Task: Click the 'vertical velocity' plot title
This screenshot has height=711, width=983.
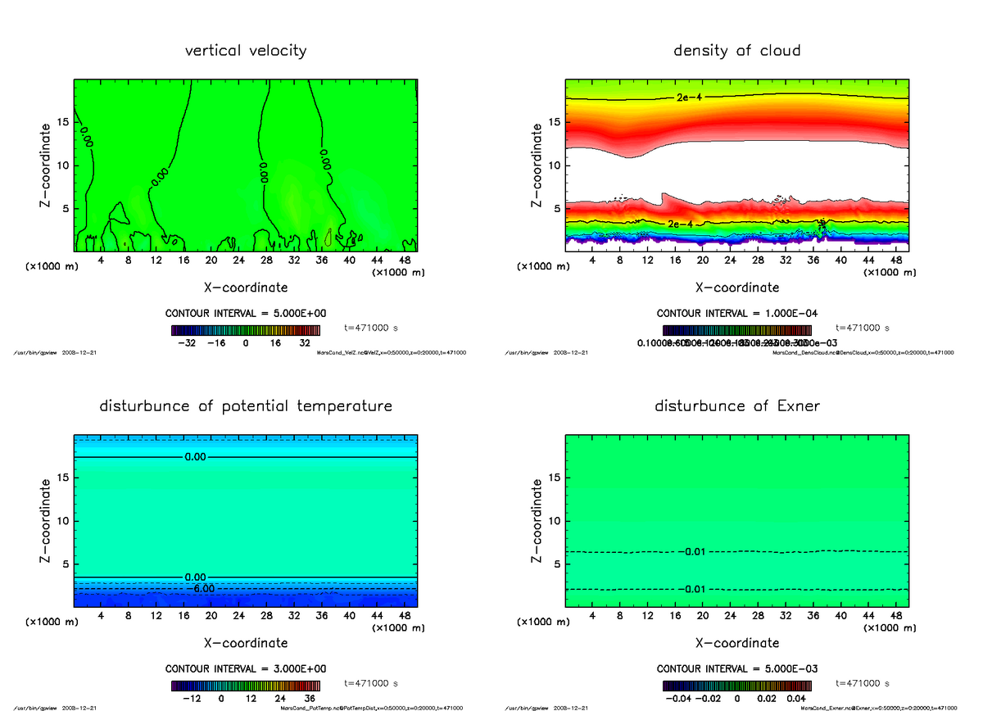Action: [246, 51]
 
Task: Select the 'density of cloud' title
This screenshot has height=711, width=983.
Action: [736, 51]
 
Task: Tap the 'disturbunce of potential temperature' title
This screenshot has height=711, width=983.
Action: [246, 406]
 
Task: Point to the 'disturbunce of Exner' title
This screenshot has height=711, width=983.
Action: [736, 406]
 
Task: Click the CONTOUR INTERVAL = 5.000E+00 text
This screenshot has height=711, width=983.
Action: [246, 314]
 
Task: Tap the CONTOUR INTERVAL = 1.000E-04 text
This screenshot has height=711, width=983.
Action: [736, 314]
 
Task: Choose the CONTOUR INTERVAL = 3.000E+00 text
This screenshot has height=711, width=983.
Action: [246, 669]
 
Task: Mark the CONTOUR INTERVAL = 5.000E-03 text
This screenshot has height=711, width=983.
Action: [736, 669]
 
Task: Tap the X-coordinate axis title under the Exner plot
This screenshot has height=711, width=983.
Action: [737, 643]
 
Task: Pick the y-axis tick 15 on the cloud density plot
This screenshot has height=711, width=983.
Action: [553, 123]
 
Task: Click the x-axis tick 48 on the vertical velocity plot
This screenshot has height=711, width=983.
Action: [404, 260]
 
